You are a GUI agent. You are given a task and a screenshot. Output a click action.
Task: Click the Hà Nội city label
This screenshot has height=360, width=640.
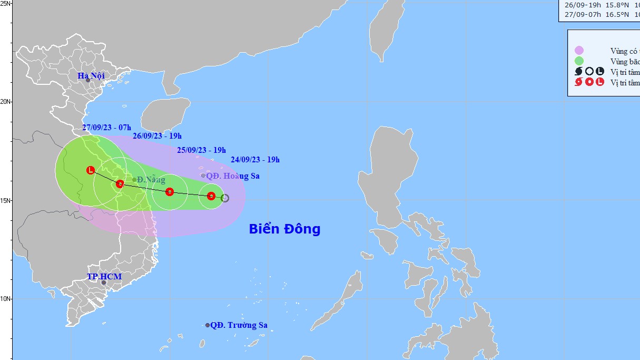coord(91,75)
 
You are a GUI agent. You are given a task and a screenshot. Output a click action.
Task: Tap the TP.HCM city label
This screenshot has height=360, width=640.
coord(104,277)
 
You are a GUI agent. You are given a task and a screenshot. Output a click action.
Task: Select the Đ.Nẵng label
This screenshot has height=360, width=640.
coord(151,180)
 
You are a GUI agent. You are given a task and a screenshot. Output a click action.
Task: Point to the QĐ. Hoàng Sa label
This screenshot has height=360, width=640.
coord(232,176)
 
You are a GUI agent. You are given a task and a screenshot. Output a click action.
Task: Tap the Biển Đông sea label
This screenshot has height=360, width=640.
coord(284,229)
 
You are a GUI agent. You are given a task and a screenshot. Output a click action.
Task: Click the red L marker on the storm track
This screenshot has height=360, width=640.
coord(91,170)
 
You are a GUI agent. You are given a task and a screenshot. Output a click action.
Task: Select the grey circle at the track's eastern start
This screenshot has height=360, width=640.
coord(225,198)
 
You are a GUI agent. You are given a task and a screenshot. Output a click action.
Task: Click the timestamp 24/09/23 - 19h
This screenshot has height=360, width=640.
coord(255,160)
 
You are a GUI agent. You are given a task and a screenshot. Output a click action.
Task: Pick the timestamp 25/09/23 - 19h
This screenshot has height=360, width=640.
coord(201,150)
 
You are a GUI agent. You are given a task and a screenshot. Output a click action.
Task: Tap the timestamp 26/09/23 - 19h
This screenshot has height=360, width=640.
coord(157,136)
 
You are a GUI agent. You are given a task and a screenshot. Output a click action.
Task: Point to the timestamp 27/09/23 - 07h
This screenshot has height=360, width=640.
coord(107,128)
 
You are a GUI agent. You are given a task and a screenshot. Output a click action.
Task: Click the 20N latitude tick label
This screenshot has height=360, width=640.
coord(6,101)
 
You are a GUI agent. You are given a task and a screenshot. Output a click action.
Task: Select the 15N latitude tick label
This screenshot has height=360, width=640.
coord(6,200)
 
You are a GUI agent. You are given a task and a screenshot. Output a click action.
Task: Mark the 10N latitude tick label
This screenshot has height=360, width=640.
coord(6,299)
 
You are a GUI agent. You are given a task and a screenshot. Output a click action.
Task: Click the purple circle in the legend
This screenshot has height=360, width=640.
coord(579,51)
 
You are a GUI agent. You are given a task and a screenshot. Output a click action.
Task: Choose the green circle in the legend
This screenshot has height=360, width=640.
coord(579,61)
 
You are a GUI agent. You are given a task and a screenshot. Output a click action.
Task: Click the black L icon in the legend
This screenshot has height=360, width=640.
coord(599,72)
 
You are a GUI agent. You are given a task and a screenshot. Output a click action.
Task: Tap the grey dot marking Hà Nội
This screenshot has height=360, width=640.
coord(88,80)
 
